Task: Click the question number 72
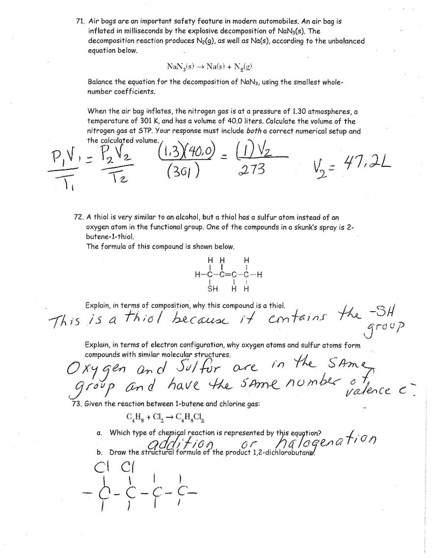[x=78, y=217]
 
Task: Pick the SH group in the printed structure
[x=213, y=289]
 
